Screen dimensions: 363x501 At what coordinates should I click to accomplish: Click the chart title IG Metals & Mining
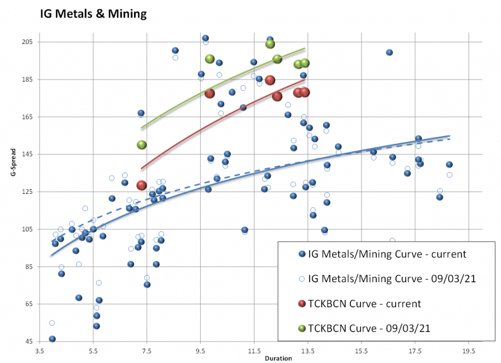point(93,14)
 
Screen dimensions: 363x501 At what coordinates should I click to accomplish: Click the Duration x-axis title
point(278,359)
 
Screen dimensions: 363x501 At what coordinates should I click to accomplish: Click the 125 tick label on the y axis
point(25,192)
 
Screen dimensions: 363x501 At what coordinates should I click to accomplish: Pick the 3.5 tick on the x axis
point(39,351)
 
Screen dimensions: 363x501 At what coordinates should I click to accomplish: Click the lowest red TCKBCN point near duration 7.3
point(142,185)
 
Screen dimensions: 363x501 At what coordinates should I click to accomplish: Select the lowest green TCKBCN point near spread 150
point(142,145)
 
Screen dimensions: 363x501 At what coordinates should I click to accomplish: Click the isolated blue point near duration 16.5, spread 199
point(389,52)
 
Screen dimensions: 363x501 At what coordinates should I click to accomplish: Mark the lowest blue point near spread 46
point(52,339)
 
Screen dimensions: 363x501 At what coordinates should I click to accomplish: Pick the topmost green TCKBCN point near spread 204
point(270,44)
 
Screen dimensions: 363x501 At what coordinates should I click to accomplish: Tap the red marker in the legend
point(301,304)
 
